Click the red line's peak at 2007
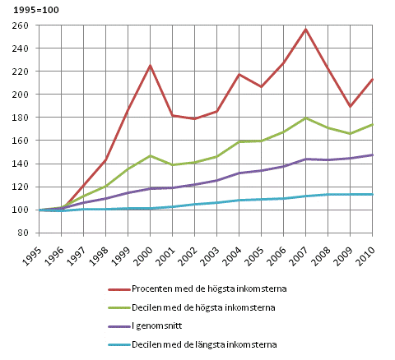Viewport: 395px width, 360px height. (x=305, y=30)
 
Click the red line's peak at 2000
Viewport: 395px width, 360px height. (x=150, y=66)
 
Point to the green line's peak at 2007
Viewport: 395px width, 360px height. (x=305, y=118)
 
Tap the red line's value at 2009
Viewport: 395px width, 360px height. (x=350, y=106)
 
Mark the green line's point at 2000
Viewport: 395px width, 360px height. (x=150, y=155)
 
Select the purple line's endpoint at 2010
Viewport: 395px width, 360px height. (x=372, y=155)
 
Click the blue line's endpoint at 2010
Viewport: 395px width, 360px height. (x=372, y=194)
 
